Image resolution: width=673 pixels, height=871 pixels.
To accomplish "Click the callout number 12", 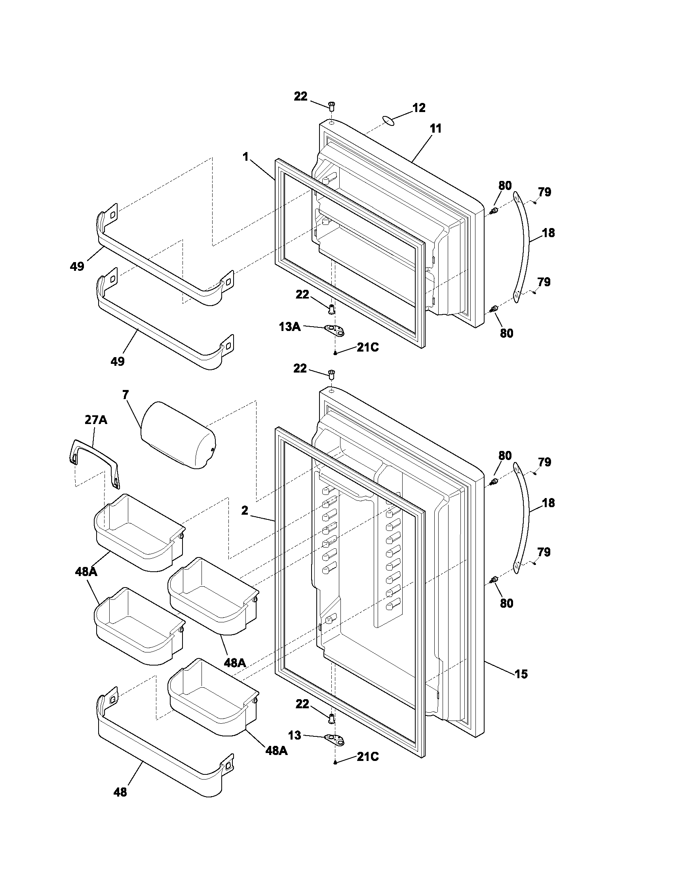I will (x=418, y=108).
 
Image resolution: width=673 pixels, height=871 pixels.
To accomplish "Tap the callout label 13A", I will (x=290, y=327).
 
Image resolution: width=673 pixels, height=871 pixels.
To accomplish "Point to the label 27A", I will (x=96, y=420).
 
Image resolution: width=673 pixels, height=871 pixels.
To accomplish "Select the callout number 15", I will (x=521, y=674).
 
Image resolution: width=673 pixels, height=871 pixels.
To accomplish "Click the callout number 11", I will (x=436, y=129).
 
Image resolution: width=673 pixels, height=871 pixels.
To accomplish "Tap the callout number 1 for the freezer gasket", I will (x=246, y=157).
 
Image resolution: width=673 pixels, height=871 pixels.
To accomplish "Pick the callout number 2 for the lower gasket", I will (x=245, y=510).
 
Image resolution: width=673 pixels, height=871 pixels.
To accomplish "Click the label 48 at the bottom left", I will (x=120, y=792).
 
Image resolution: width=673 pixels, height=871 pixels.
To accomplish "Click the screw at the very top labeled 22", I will (x=331, y=106).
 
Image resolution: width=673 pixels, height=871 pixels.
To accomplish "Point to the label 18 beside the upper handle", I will (x=549, y=232).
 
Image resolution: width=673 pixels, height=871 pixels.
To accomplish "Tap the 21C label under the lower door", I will (x=368, y=757).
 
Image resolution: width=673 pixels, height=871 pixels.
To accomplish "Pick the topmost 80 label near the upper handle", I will (x=505, y=186).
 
